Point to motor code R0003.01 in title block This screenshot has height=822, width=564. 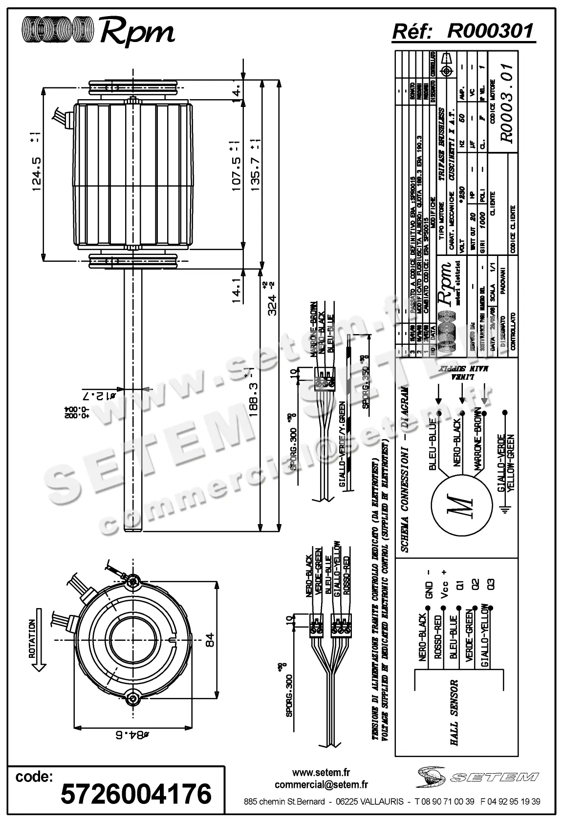point(508,103)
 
